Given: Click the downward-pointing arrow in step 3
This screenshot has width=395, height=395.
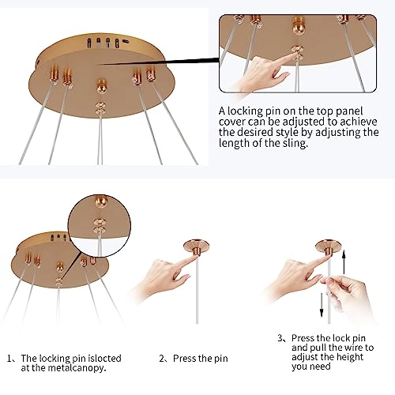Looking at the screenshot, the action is [x=322, y=305].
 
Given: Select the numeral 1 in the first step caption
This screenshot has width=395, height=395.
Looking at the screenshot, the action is [x=9, y=359].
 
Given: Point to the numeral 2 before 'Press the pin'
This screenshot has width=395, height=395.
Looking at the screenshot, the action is [x=162, y=359].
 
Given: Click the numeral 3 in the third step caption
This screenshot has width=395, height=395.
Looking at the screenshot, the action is [x=280, y=338].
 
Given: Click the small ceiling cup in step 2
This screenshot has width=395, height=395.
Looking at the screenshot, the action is [x=197, y=246].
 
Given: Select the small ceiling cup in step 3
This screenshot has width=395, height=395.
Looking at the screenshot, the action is [x=329, y=247].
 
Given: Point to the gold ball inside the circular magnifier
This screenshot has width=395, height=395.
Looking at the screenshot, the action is [x=101, y=201].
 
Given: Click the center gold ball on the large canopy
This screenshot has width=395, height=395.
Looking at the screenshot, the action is [x=101, y=86].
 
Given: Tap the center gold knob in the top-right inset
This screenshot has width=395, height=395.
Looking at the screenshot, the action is [x=299, y=25].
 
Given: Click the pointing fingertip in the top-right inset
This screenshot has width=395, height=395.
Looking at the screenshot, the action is [x=295, y=55].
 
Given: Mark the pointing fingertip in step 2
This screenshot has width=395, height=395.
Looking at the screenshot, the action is [x=194, y=258].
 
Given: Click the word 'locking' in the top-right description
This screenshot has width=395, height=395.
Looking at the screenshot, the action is [x=246, y=111].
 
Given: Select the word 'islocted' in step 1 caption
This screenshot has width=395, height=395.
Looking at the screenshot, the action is [x=104, y=358].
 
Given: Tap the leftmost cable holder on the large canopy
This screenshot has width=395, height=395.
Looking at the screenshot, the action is [x=54, y=75].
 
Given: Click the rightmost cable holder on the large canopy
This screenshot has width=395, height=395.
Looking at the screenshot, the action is [x=150, y=74].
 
